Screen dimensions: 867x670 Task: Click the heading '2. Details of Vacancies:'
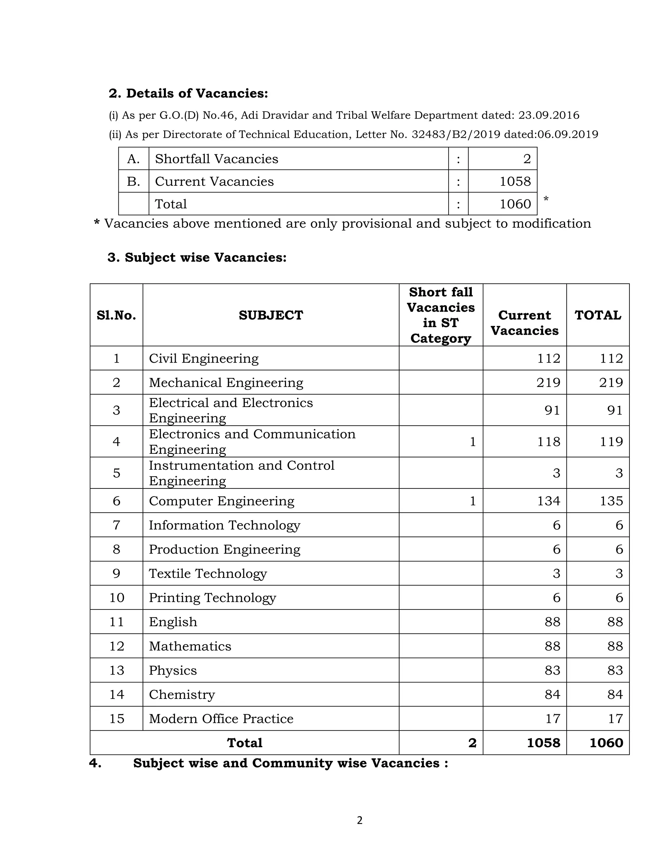coord(188,93)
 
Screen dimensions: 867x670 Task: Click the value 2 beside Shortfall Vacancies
coord(526,159)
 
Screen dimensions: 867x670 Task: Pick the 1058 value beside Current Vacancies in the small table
coord(515,182)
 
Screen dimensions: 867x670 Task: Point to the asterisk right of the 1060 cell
coord(546,199)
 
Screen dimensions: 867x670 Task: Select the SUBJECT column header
coord(271,315)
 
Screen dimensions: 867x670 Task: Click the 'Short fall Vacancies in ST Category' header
coord(441,315)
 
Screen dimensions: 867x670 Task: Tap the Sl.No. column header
coord(116,315)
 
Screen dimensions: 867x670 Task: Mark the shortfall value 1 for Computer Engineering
coord(472,501)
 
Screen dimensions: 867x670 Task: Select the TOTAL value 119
coord(611,441)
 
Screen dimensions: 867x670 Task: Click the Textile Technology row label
coord(208,573)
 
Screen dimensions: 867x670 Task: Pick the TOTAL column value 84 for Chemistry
coord(615,694)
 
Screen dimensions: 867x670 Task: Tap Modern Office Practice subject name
coord(221,718)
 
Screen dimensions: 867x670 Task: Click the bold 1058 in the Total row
coord(543,743)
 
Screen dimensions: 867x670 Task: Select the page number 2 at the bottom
coord(359,820)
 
